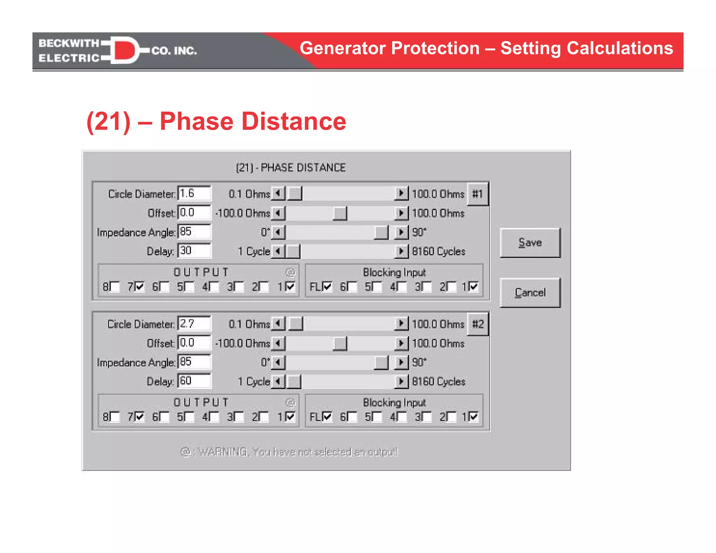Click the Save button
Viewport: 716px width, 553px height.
pos(530,243)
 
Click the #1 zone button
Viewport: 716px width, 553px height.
pos(478,194)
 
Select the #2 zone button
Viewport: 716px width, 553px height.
pos(478,324)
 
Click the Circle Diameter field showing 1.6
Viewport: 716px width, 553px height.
pos(194,193)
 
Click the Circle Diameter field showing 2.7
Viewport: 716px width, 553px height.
pos(194,324)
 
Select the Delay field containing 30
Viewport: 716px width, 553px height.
pos(194,251)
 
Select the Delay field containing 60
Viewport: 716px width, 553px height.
pos(194,381)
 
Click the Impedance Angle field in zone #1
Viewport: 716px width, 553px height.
pos(194,232)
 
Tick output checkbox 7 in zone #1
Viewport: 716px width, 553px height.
pos(139,287)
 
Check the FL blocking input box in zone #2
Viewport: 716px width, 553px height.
pos(327,417)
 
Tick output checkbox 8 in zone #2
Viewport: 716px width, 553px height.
pos(115,417)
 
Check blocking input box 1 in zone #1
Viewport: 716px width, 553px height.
pos(474,287)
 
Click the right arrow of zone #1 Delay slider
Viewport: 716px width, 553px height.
pos(401,251)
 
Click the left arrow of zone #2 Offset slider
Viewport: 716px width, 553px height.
pos(278,343)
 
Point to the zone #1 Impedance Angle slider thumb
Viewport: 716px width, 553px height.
pos(381,232)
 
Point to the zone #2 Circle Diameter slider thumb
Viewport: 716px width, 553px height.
pos(296,324)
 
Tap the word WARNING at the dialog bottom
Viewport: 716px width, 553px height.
pos(223,452)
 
